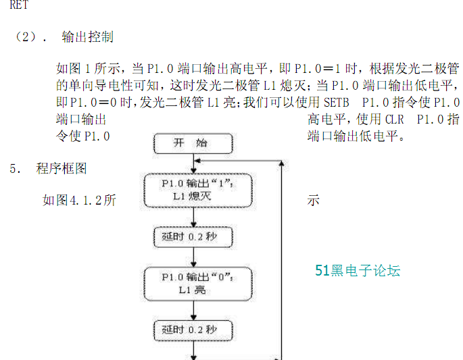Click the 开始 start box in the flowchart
pos(193,143)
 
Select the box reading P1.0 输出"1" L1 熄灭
pos(198,190)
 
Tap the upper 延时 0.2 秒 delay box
pos(193,236)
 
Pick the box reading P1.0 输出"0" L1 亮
pos(198,284)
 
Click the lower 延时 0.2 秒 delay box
pos(193,330)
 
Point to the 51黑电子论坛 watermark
pos(358,271)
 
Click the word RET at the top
pos(19,5)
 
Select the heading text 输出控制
pos(87,37)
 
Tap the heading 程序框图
pos(62,168)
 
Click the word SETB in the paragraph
pos(337,103)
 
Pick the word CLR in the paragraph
pos(395,120)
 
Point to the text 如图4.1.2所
pos(79,201)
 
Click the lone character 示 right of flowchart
pos(314,201)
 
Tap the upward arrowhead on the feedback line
pos(282,163)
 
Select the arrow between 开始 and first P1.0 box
pos(194,163)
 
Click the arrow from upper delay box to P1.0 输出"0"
pos(194,257)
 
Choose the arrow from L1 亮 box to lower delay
pos(194,311)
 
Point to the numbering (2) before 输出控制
pos(26,37)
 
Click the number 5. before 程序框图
pos(15,169)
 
